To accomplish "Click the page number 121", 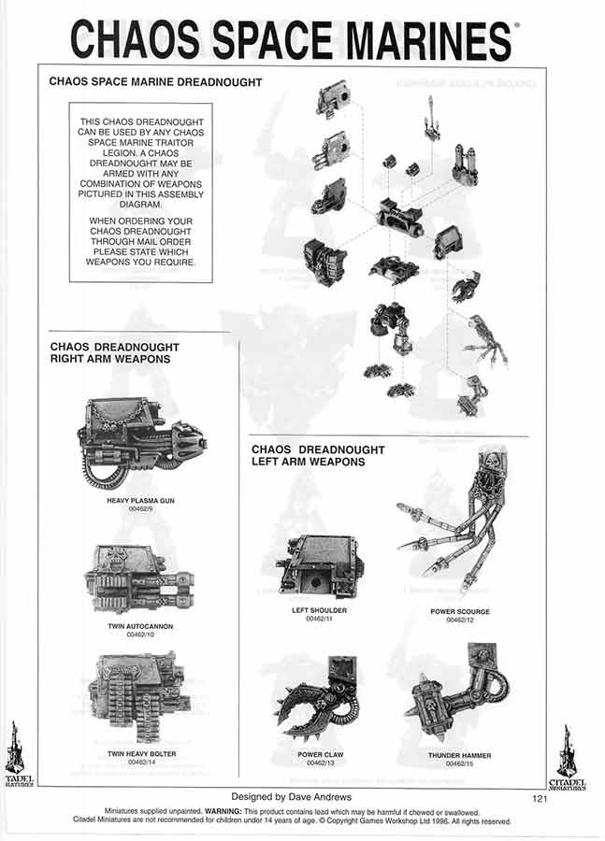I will click(540, 798).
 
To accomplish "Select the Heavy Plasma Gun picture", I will click(140, 445).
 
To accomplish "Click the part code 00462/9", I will click(141, 510).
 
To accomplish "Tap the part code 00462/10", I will click(141, 634).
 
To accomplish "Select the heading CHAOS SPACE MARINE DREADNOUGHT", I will click(154, 82).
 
